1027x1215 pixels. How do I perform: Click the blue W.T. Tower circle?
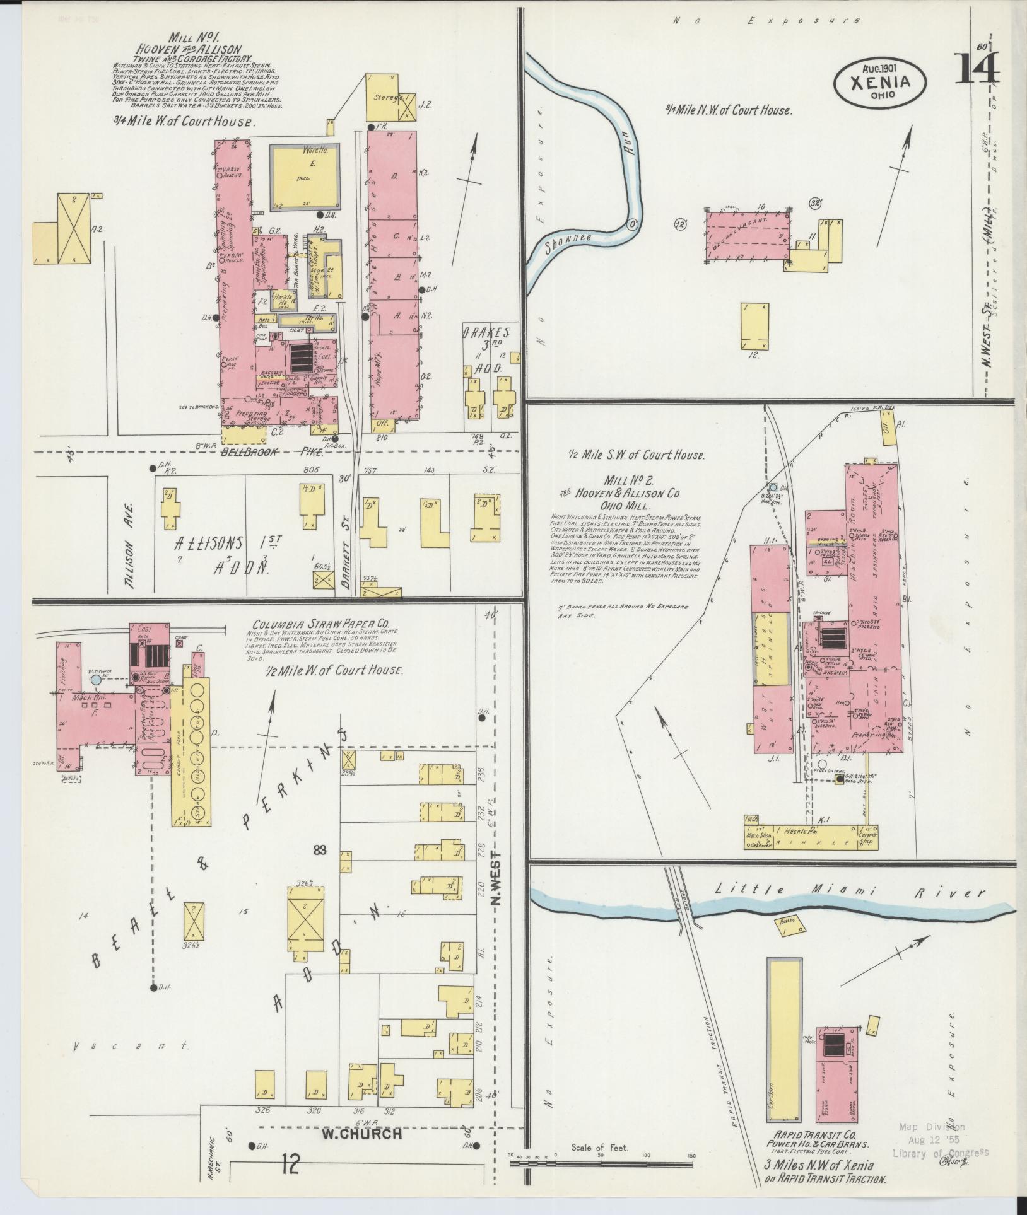pyautogui.click(x=95, y=680)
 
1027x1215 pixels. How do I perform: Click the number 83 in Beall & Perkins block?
pyautogui.click(x=320, y=850)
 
